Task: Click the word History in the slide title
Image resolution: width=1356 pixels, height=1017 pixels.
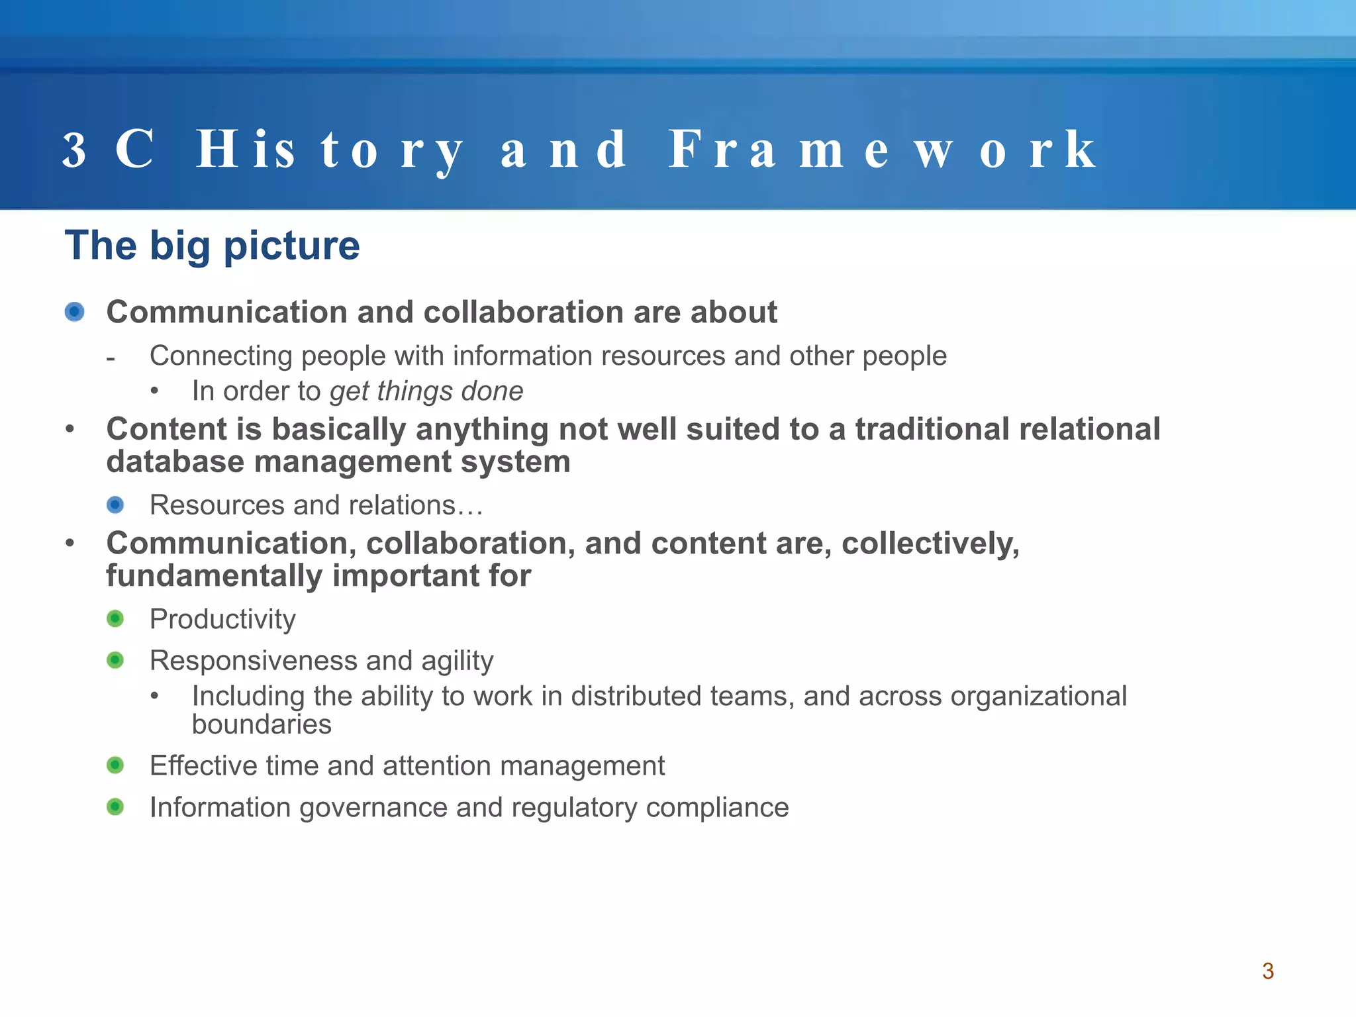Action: (329, 150)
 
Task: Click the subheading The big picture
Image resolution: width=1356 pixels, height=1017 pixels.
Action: (212, 246)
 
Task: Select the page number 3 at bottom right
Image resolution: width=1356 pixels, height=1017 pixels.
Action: (1267, 971)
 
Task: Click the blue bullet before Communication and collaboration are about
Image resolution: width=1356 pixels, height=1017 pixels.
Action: (75, 312)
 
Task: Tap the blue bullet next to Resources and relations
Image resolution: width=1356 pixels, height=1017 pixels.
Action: (115, 505)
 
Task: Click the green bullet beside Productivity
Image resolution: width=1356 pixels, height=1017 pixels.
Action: (115, 619)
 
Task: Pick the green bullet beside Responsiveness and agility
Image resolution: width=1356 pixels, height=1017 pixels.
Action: (115, 660)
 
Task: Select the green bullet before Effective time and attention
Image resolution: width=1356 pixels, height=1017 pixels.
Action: (115, 765)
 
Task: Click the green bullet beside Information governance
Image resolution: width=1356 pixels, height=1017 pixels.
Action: (115, 807)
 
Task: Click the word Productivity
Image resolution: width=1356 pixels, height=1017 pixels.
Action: (222, 620)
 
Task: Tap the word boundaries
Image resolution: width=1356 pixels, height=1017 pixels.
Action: (262, 725)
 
